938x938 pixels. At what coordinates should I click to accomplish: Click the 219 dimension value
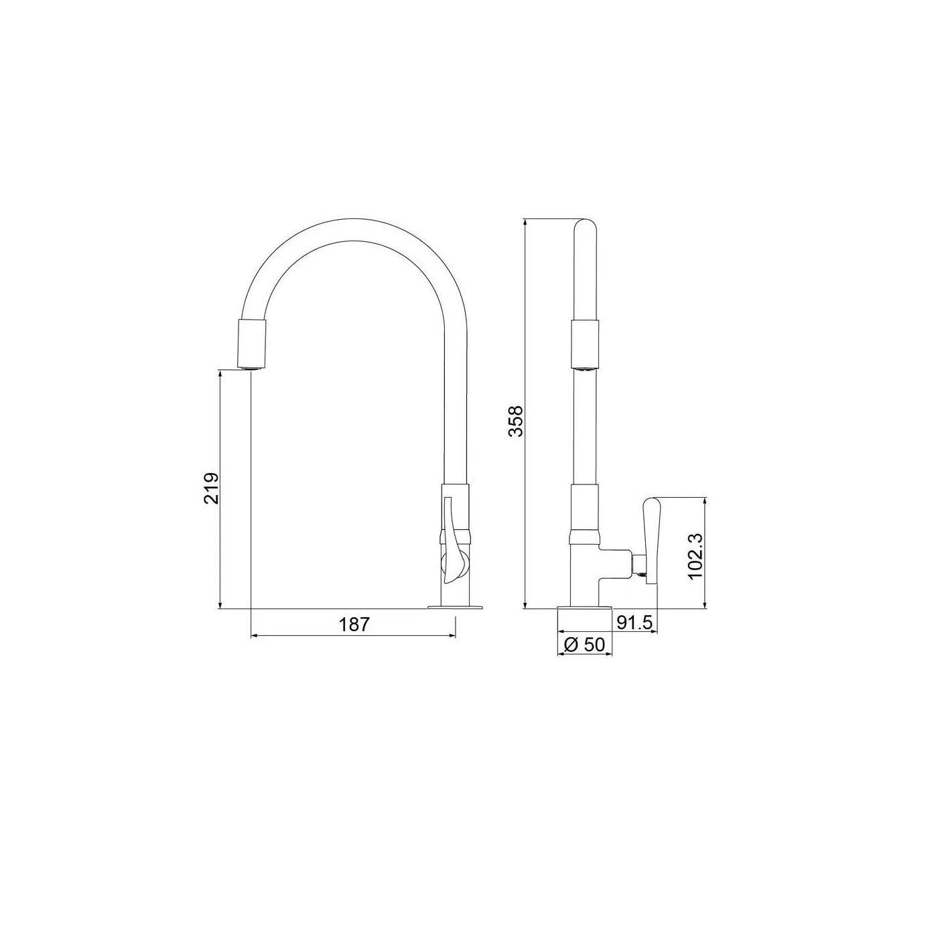point(212,488)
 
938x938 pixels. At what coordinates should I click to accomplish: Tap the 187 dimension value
point(354,624)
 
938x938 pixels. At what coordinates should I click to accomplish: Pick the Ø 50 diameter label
point(584,645)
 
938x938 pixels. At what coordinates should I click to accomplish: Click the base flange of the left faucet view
point(455,606)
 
